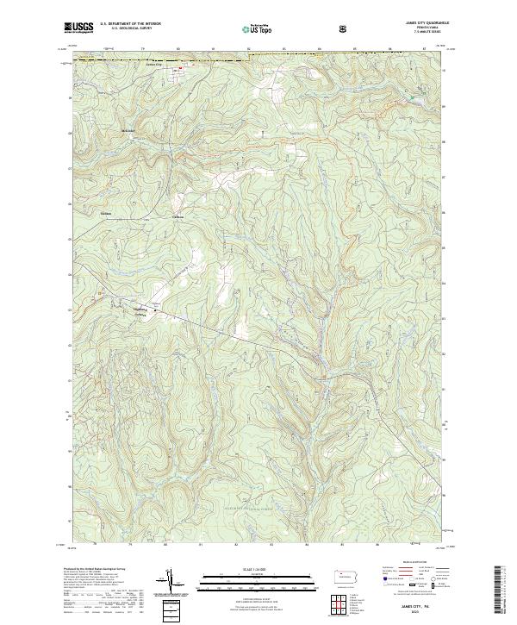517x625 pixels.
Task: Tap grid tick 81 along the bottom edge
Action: pos(200,545)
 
